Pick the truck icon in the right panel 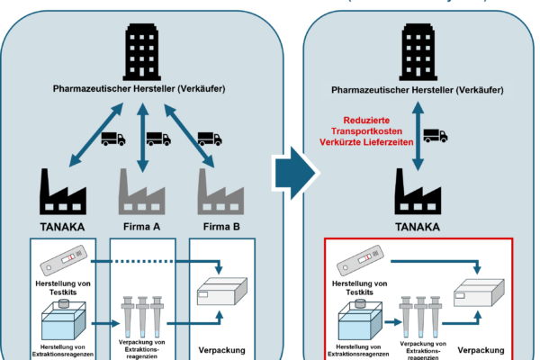(x=436, y=136)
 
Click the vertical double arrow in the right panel (x=417, y=136)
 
